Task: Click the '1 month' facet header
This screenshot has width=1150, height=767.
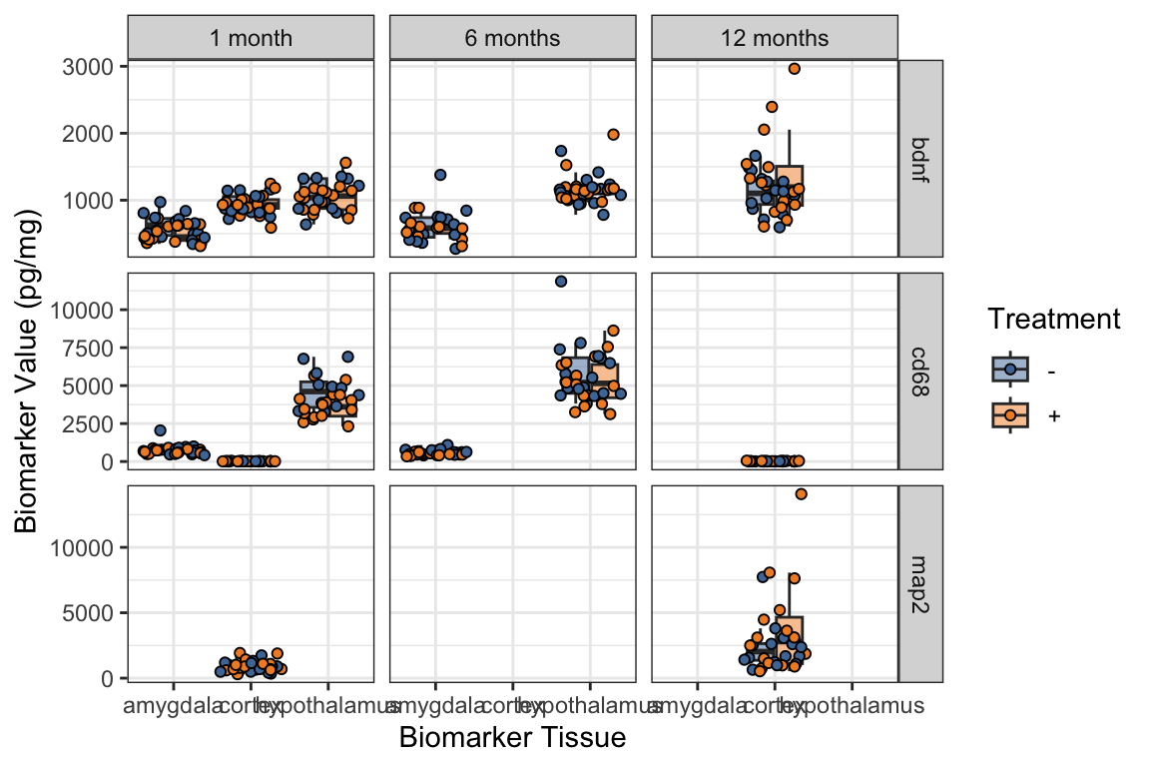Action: tap(251, 39)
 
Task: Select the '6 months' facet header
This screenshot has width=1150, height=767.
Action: tap(512, 39)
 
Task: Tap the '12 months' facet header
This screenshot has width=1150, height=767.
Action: tap(775, 39)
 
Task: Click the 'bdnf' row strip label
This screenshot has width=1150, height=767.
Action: tap(920, 157)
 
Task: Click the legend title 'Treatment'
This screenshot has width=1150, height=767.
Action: tap(1053, 320)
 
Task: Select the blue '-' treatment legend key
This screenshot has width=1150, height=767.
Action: tap(1010, 370)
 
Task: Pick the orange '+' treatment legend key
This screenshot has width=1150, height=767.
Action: tap(1010, 413)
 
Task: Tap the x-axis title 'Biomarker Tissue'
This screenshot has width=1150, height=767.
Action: tap(512, 738)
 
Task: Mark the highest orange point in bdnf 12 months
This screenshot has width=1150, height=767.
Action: tap(794, 69)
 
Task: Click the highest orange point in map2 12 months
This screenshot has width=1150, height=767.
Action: tap(801, 494)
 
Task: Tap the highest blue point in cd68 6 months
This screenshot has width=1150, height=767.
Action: tap(561, 282)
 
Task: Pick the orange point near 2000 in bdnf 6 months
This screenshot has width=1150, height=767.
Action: tap(613, 135)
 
